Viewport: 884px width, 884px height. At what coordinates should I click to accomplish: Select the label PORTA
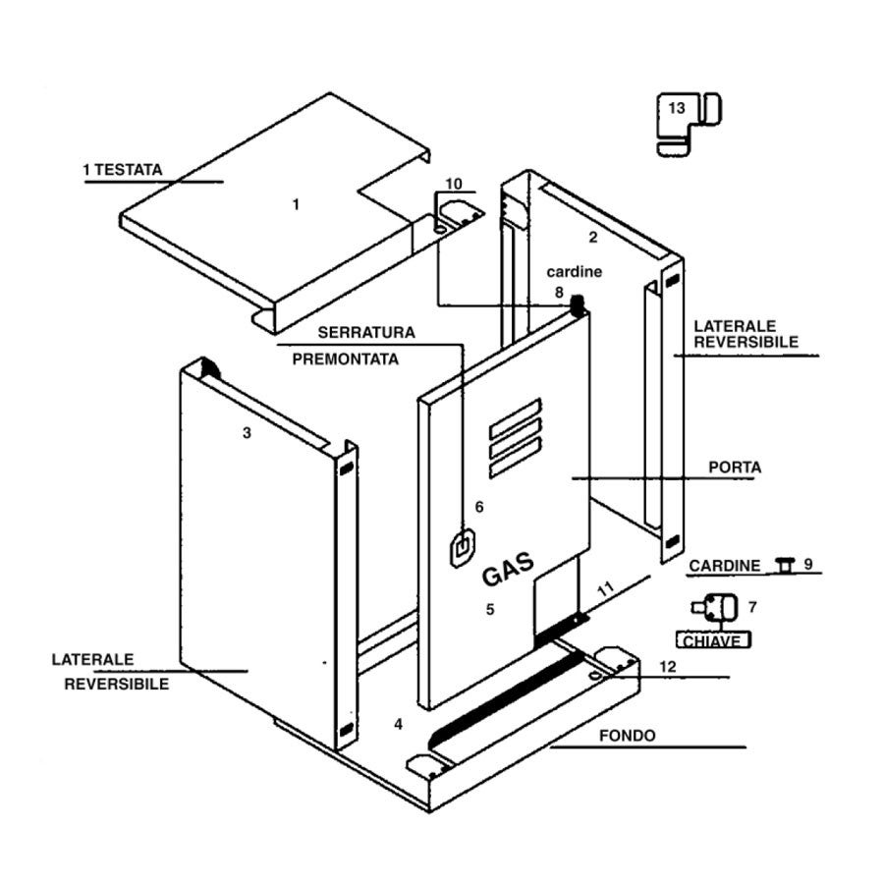(x=735, y=468)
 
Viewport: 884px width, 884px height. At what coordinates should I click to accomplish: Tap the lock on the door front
(x=462, y=548)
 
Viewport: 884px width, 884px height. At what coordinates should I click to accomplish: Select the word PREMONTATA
(x=346, y=359)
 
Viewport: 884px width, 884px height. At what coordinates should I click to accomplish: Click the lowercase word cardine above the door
(x=574, y=272)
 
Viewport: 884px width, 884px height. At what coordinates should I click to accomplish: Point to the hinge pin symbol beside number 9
(x=784, y=564)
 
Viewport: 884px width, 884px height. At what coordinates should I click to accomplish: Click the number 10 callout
(x=453, y=184)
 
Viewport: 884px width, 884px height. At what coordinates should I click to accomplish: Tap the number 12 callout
(x=668, y=667)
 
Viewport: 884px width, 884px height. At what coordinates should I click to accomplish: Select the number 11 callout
(x=606, y=590)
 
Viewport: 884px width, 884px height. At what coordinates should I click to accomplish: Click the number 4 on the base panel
(x=398, y=725)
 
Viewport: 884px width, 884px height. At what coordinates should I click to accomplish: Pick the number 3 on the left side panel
(x=248, y=432)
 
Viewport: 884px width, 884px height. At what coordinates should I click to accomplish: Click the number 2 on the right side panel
(x=592, y=237)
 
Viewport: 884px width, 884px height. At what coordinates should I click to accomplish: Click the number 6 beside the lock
(x=479, y=507)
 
